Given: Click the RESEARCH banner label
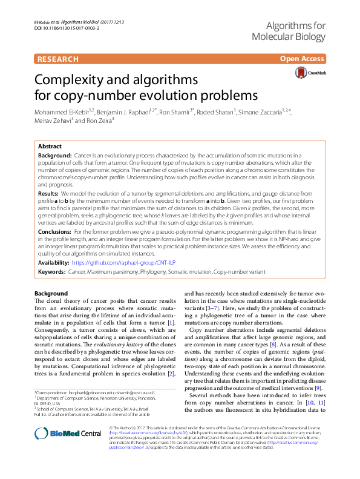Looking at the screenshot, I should [58, 59].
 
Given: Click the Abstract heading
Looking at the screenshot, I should [50, 147].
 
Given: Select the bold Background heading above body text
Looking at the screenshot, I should [51, 294].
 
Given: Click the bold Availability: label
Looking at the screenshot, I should [53, 264].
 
